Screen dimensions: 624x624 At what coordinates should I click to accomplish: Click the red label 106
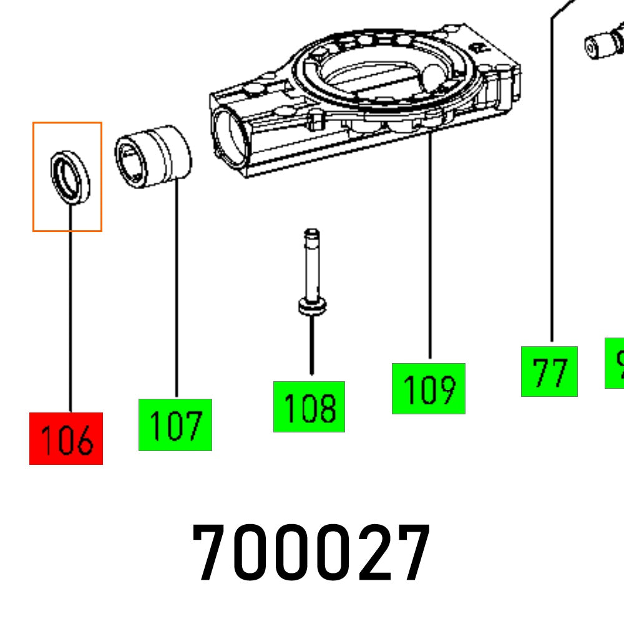66,438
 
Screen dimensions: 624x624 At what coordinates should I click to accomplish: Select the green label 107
175,425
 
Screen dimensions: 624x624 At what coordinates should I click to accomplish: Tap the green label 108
309,407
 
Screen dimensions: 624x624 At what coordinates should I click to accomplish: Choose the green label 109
429,389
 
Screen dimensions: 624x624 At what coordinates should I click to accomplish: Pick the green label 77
549,371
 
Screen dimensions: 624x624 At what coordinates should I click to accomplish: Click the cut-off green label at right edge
615,363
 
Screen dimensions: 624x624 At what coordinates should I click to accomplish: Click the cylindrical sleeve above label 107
153,156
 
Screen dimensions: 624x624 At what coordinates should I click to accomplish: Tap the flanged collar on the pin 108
311,307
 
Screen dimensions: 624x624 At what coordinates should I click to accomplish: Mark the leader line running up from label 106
70,312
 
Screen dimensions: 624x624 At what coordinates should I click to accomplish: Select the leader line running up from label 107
177,287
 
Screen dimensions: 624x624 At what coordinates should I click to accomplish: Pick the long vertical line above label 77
552,187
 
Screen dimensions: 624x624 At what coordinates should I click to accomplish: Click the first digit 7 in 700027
213,553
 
